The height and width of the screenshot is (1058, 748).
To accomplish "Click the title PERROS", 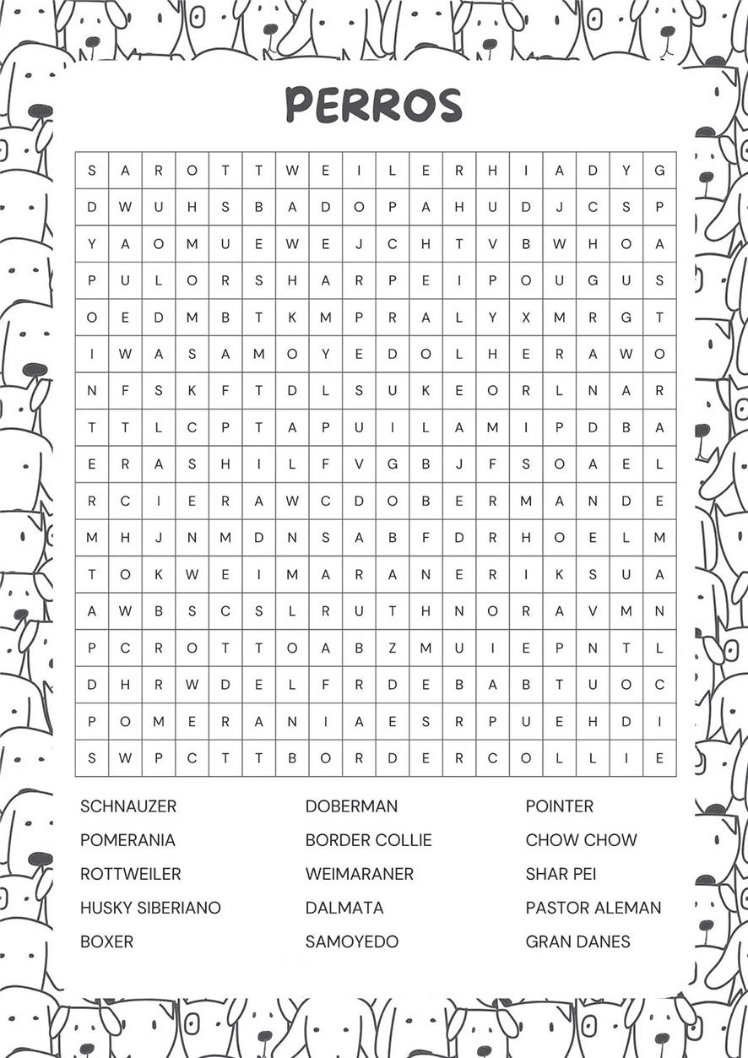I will click(373, 105).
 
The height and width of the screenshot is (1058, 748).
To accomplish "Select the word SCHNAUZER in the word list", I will click(128, 806).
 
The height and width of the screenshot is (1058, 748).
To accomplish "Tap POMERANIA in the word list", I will click(127, 840).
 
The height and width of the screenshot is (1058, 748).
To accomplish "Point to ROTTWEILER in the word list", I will click(130, 874).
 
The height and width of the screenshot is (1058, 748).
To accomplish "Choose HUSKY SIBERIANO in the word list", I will click(150, 908).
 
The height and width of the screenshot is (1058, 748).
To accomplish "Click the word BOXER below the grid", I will click(106, 941).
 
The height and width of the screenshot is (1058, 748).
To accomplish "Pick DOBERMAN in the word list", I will click(351, 806).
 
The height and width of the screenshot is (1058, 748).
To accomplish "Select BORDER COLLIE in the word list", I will click(368, 840).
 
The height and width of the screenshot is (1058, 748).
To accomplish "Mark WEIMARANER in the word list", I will click(360, 874).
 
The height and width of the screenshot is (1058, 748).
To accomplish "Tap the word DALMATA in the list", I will click(344, 908).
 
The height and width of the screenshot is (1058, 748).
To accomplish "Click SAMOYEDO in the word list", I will click(352, 941).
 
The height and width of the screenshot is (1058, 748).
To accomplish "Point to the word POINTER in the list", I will click(559, 806).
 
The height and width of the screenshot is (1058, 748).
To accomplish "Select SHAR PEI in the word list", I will click(561, 874).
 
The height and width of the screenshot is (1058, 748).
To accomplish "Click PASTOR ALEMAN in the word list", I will click(594, 908).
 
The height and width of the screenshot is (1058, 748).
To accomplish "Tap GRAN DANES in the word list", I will click(577, 941).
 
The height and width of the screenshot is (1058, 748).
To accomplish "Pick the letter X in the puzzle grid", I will click(526, 317).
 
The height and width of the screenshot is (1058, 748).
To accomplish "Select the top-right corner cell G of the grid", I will click(659, 171).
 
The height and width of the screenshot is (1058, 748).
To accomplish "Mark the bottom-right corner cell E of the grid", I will click(659, 757).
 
